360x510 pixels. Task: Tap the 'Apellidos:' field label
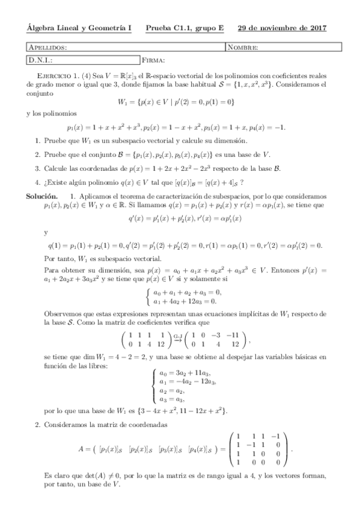point(47,48)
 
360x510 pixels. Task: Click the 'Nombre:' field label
point(243,48)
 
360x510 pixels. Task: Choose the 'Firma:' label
point(154,60)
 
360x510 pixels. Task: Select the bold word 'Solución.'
point(41,196)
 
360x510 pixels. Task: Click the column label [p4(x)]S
point(203,449)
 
